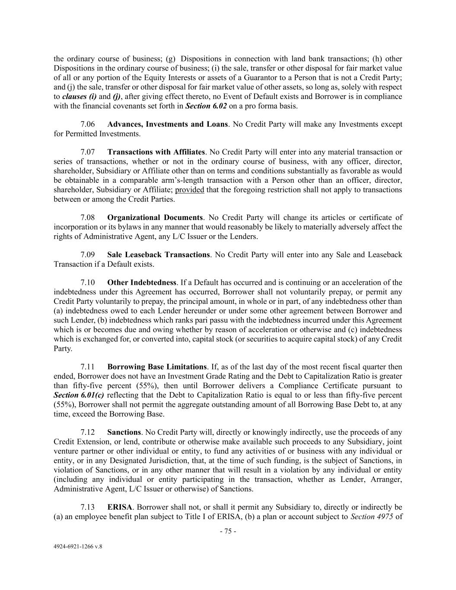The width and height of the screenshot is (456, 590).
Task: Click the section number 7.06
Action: click(88, 124)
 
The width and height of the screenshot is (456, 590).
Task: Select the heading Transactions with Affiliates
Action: click(156, 152)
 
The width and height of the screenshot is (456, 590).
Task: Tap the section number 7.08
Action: click(88, 218)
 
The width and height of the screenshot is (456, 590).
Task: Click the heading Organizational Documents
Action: click(155, 218)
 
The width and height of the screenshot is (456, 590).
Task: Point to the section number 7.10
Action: click(88, 283)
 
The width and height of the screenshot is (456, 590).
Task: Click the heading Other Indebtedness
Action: click(142, 283)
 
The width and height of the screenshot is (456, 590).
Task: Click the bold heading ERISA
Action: click(120, 507)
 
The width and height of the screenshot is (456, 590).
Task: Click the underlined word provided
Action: click(190, 190)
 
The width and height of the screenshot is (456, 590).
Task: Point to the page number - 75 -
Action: click(228, 532)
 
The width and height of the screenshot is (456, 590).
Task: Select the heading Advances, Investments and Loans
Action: click(167, 124)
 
